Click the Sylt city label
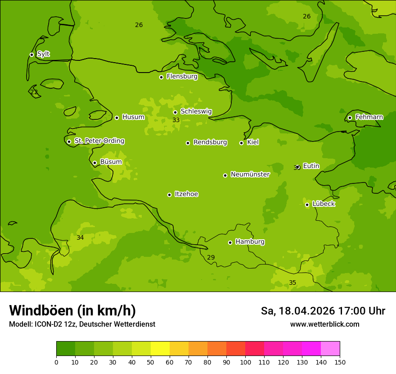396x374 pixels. [43, 54]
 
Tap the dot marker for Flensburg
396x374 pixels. [161, 77]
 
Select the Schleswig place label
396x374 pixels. [196, 111]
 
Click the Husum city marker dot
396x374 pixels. [117, 118]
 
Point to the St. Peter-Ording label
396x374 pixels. [99, 141]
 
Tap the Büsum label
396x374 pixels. [111, 162]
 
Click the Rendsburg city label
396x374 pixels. [210, 142]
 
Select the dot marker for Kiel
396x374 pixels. [241, 143]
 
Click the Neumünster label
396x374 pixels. [250, 174]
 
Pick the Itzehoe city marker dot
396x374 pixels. [169, 195]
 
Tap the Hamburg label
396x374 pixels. [250, 242]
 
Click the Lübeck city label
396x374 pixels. [323, 204]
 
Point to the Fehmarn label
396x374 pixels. [369, 117]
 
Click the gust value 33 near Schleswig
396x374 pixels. [176, 120]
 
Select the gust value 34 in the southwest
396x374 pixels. [80, 237]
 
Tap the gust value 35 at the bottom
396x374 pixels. [292, 283]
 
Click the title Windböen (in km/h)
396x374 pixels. [72, 310]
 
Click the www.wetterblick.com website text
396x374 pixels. [324, 324]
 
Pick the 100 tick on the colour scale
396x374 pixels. [245, 362]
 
